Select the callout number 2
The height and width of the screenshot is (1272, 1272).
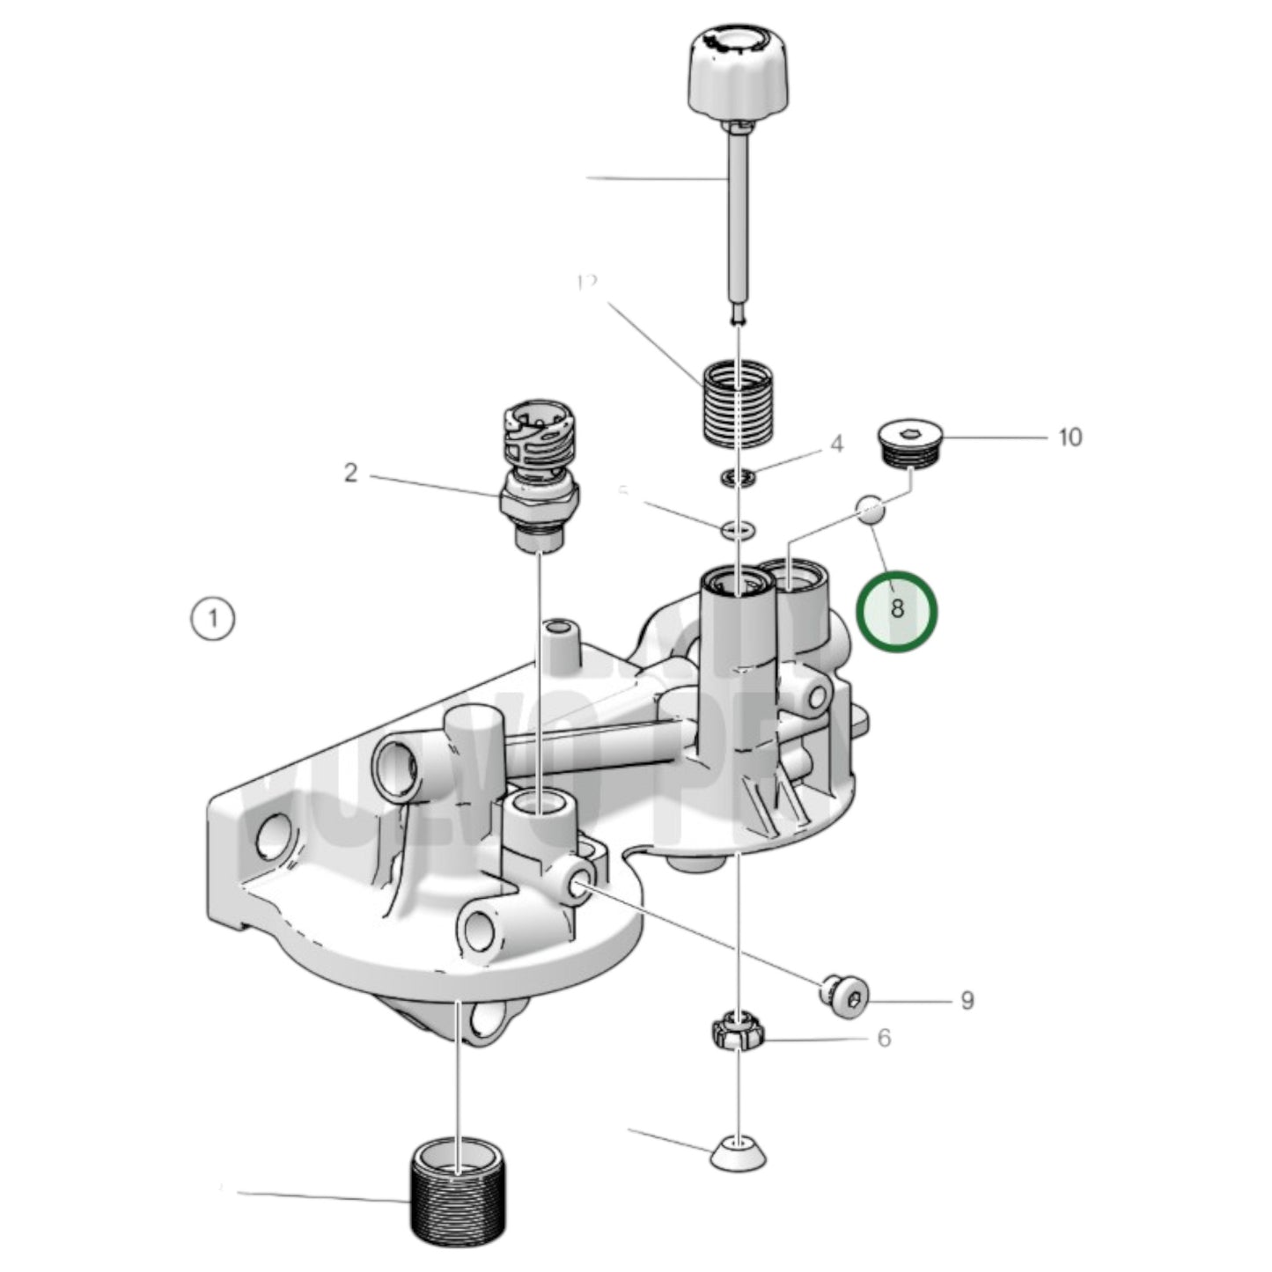(351, 474)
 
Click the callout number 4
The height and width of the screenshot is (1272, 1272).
(836, 445)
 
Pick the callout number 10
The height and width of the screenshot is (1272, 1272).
(1070, 437)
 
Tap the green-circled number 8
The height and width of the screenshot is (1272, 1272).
(897, 609)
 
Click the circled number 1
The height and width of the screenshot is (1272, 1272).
(212, 619)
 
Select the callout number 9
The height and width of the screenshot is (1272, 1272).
(967, 1001)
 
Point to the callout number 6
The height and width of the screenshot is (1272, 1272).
(884, 1039)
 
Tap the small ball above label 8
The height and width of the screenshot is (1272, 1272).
(871, 510)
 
